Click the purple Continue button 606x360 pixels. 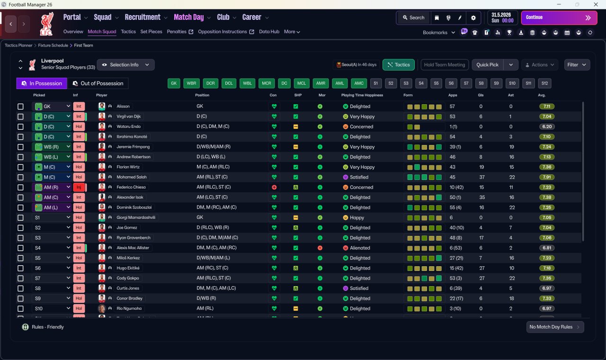[559, 18]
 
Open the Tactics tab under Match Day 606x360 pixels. [128, 32]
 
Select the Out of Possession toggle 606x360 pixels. [98, 83]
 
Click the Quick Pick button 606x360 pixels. [487, 65]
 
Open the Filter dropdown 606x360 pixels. [577, 65]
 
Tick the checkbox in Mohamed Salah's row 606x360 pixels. [20, 177]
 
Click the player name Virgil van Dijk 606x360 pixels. [128, 117]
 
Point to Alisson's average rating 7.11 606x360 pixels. [546, 107]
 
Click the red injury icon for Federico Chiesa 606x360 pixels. [274, 187]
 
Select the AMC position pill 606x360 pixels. [359, 83]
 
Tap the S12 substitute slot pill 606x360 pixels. [544, 83]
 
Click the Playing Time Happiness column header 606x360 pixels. [362, 95]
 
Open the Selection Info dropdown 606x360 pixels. [125, 65]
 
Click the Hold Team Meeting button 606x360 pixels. [445, 65]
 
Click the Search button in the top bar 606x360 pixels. [413, 18]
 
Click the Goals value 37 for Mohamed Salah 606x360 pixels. [481, 177]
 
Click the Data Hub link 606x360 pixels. [269, 32]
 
